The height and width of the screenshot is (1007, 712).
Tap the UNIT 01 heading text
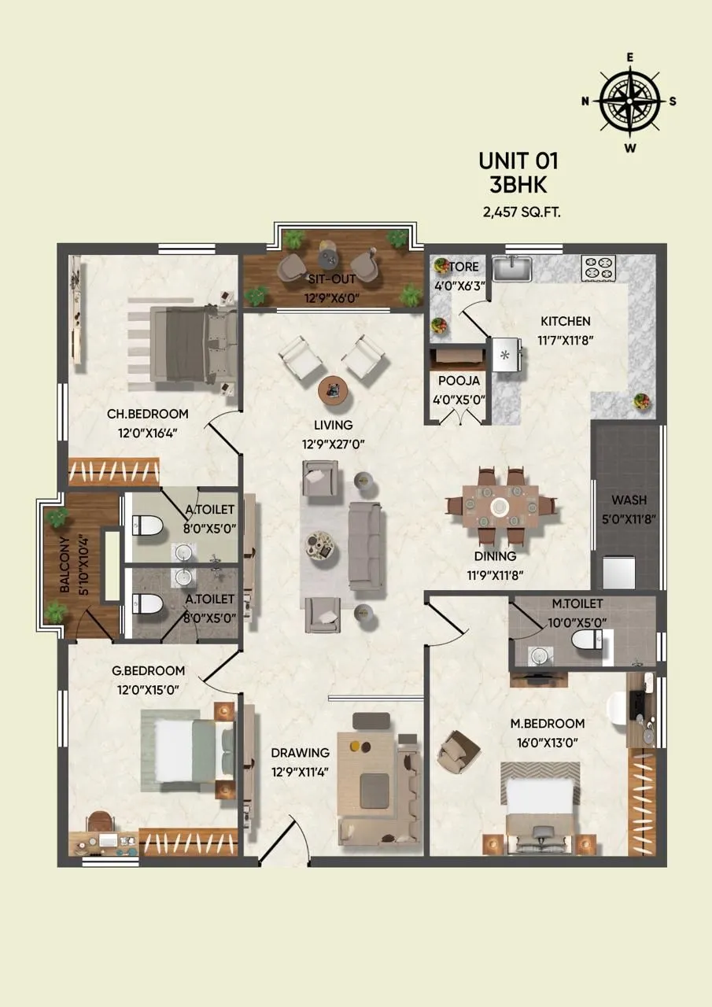click(518, 161)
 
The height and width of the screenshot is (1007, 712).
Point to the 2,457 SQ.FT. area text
click(522, 212)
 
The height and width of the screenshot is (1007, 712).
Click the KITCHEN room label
click(565, 321)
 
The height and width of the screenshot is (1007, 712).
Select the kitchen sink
click(512, 267)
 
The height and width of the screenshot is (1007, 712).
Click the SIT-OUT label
click(331, 278)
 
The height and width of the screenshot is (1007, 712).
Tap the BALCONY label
click(64, 564)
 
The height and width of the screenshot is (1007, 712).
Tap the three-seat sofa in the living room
click(364, 545)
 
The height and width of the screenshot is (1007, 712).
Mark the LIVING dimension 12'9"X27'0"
click(334, 443)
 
